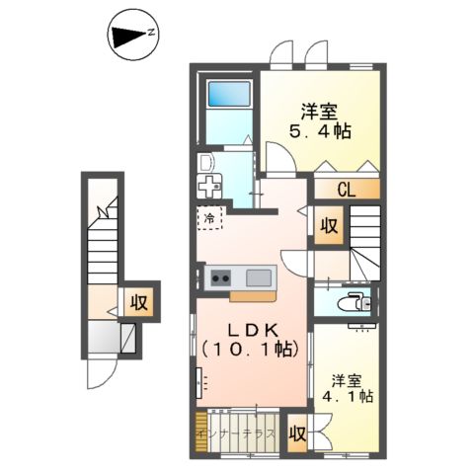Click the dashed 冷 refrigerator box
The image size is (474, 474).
click(x=210, y=217)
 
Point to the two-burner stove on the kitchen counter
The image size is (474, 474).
click(x=219, y=277)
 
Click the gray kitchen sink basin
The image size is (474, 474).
click(x=259, y=277)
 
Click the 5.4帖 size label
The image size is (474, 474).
click(x=321, y=130)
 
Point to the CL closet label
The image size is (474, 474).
click(x=346, y=191)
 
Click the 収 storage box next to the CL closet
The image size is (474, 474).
click(x=328, y=226)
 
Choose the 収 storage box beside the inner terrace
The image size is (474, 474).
click(x=296, y=433)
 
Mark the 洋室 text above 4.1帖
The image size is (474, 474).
click(x=346, y=379)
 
